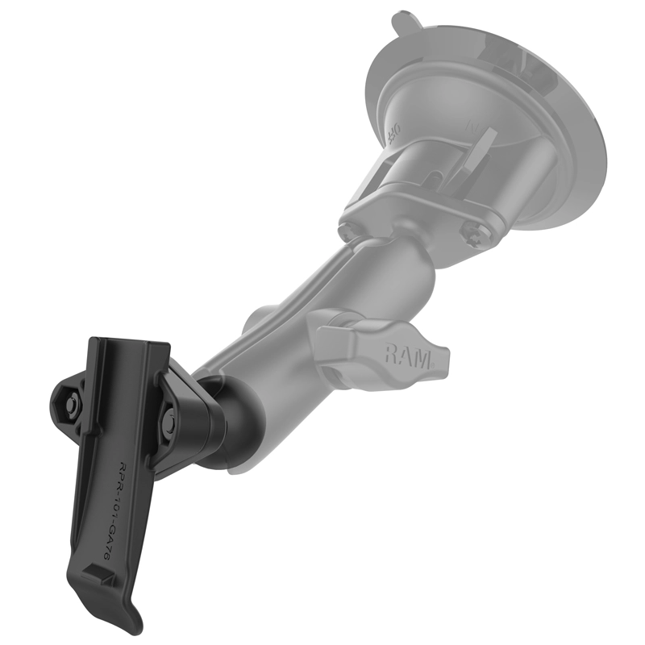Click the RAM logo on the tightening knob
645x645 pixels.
click(x=406, y=353)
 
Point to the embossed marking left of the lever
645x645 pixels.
click(x=395, y=129)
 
